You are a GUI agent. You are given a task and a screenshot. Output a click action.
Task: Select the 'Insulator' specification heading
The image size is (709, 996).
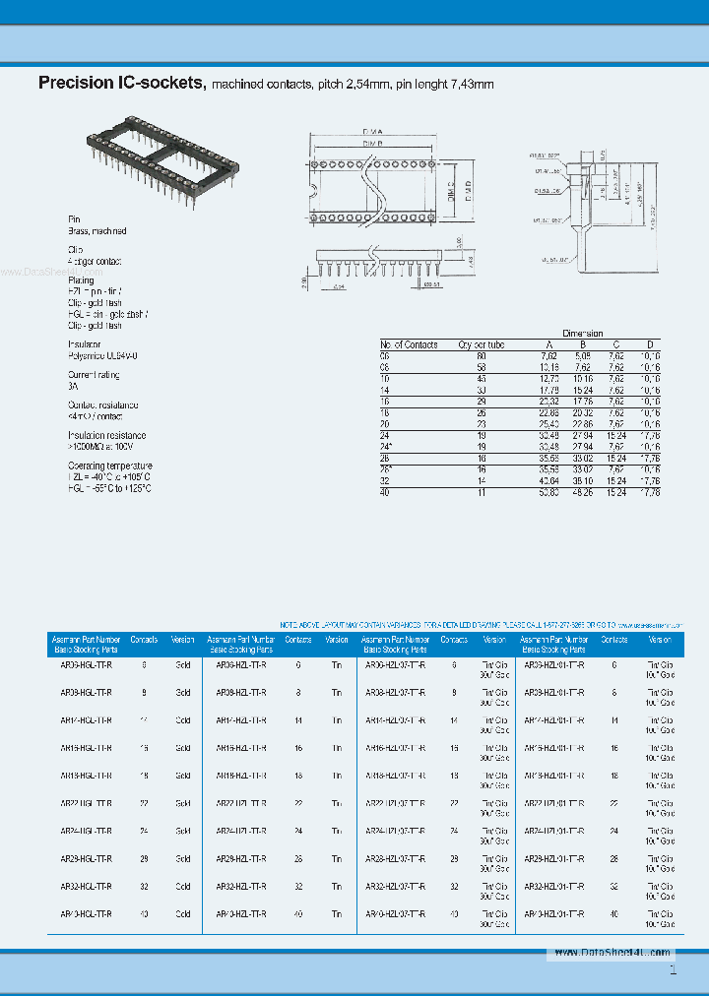(x=86, y=344)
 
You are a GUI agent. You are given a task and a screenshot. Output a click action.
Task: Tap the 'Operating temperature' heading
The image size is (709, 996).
(x=109, y=466)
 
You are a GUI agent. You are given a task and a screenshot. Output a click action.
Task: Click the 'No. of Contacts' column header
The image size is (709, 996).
(x=409, y=344)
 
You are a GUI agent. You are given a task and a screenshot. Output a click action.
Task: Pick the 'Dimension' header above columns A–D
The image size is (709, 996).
(x=582, y=334)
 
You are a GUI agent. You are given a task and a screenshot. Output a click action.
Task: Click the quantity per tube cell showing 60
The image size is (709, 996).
(x=481, y=354)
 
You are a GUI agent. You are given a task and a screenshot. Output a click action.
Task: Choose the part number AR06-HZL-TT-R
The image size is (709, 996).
(x=241, y=665)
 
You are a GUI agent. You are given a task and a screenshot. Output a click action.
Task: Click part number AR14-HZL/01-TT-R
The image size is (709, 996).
(x=553, y=720)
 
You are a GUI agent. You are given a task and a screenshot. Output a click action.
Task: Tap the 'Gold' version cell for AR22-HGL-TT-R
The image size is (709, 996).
(x=183, y=803)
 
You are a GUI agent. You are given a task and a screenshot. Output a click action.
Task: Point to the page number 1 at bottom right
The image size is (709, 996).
(x=673, y=971)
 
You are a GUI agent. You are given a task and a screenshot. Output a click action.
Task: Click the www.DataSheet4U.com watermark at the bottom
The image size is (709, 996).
(x=611, y=953)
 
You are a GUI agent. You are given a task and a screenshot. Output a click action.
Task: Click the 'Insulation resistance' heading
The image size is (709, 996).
(x=106, y=435)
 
